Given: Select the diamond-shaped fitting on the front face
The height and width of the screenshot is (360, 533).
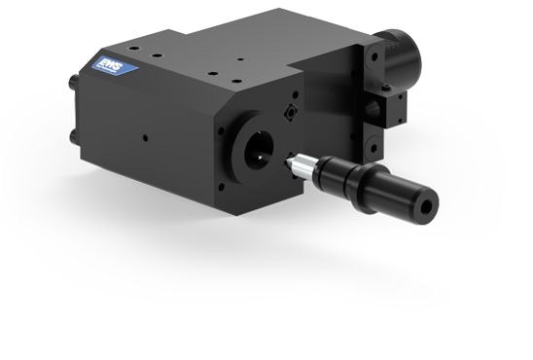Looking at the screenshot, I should click(x=291, y=113).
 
